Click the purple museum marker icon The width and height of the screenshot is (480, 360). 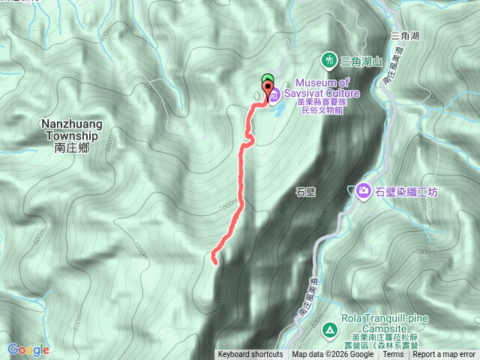[x=274, y=94]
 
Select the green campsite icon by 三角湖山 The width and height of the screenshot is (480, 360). [x=328, y=59]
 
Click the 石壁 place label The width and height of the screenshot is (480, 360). [x=305, y=191]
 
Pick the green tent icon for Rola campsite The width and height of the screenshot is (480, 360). [x=328, y=329]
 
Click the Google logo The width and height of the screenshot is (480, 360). [x=28, y=349]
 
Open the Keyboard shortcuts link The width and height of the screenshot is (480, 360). [x=250, y=355]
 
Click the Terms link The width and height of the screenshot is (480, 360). [x=392, y=355]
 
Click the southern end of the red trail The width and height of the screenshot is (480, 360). [x=214, y=262]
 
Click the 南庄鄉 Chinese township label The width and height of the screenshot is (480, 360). [x=72, y=148]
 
